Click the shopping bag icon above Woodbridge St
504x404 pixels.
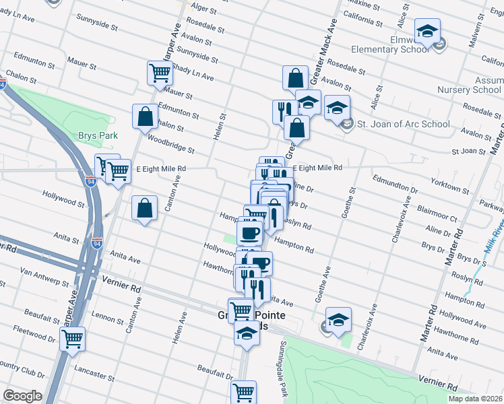[x=145, y=116]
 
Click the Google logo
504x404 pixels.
[x=22, y=396]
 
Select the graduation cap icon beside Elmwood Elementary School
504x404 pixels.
[x=427, y=32]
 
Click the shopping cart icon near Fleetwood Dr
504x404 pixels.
[x=72, y=339]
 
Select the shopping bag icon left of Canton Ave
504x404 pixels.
[x=145, y=208]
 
